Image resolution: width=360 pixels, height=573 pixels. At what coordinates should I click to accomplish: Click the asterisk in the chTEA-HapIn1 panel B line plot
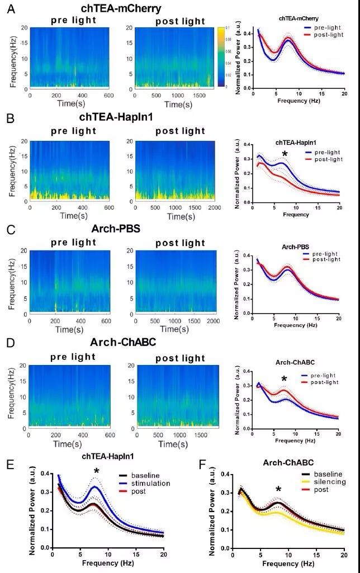click(x=285, y=154)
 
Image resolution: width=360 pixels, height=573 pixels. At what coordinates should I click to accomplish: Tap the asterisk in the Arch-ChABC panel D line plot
click(x=285, y=380)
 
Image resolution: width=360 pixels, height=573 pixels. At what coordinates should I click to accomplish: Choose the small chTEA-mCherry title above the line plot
click(x=295, y=18)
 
